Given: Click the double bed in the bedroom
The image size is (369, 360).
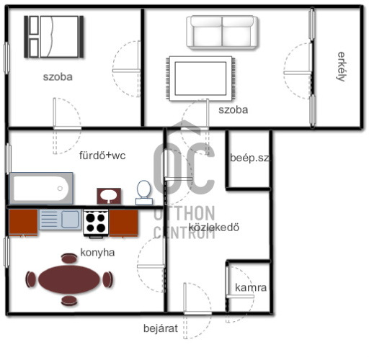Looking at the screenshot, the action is tap(54, 37).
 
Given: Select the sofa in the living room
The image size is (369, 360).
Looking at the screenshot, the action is tap(222, 32).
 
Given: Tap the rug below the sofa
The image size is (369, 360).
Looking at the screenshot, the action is tap(200, 78).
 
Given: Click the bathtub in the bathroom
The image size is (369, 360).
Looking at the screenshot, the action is tap(41, 189).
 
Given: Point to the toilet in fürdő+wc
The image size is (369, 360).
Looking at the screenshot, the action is tap(144, 193).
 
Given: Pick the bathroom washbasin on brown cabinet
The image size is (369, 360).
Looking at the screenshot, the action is tap(109, 196).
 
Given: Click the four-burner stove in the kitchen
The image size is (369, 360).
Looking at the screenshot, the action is tap(96, 223).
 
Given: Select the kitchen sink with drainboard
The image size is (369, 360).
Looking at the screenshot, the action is tap(60, 220).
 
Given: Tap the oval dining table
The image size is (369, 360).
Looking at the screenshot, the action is tap(69, 279).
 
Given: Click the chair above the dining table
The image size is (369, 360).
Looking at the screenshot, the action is tap(69, 258).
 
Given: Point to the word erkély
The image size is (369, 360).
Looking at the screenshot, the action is tap(342, 67).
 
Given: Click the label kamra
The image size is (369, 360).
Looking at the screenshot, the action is tap(251, 287).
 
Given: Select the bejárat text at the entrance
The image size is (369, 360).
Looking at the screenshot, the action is tap(161, 328).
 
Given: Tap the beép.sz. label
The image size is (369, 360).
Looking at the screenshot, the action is tap(250, 158).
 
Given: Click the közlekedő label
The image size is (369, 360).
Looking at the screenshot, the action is tap(214, 228).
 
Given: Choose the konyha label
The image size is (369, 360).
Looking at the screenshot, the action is tap(97, 253).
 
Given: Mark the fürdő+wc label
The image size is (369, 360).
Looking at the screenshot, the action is tap(102, 156).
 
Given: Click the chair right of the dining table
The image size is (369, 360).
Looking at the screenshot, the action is tap(107, 279).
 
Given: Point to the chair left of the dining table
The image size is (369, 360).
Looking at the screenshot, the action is tap(30, 279).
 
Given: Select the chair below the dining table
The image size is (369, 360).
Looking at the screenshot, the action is tap(69, 301).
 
